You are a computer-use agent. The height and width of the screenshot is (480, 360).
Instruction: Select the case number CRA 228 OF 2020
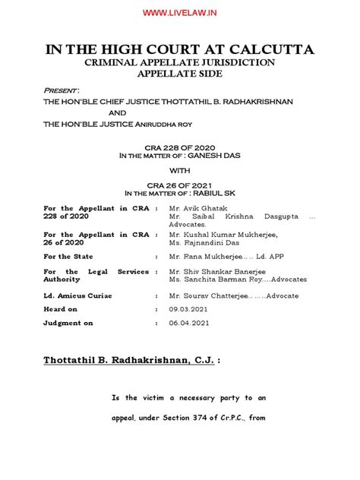coord(180,148)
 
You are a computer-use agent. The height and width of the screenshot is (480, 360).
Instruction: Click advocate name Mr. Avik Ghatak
coord(198,207)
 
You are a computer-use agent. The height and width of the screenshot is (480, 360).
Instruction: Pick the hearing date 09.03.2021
coord(188,310)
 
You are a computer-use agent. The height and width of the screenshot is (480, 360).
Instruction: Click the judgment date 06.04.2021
coord(188,324)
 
